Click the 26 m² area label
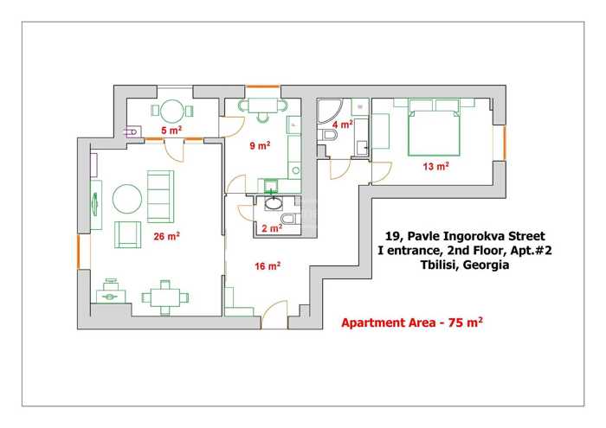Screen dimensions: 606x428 pyautogui.click(x=166, y=236)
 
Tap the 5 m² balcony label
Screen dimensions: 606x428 pyautogui.click(x=171, y=130)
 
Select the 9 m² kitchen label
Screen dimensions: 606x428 pyautogui.click(x=260, y=145)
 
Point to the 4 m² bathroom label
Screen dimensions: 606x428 pyautogui.click(x=343, y=125)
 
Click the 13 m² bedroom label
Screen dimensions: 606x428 pyautogui.click(x=436, y=166)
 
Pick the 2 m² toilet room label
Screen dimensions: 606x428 pyautogui.click(x=272, y=228)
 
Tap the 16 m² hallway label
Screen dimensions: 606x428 pyautogui.click(x=268, y=266)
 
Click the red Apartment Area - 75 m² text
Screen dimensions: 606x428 pyautogui.click(x=412, y=323)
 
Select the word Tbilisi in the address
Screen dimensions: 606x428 pyautogui.click(x=439, y=265)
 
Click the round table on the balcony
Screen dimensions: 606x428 pyautogui.click(x=171, y=112)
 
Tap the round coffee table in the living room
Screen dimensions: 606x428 pyautogui.click(x=127, y=199)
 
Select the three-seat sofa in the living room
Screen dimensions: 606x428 pyautogui.click(x=160, y=196)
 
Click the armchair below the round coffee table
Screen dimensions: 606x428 pyautogui.click(x=127, y=234)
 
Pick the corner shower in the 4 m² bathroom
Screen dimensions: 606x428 pyautogui.click(x=328, y=112)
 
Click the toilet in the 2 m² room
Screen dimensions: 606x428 pyautogui.click(x=289, y=219)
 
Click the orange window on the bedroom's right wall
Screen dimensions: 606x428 pyautogui.click(x=505, y=143)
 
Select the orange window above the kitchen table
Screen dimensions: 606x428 pyautogui.click(x=263, y=86)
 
